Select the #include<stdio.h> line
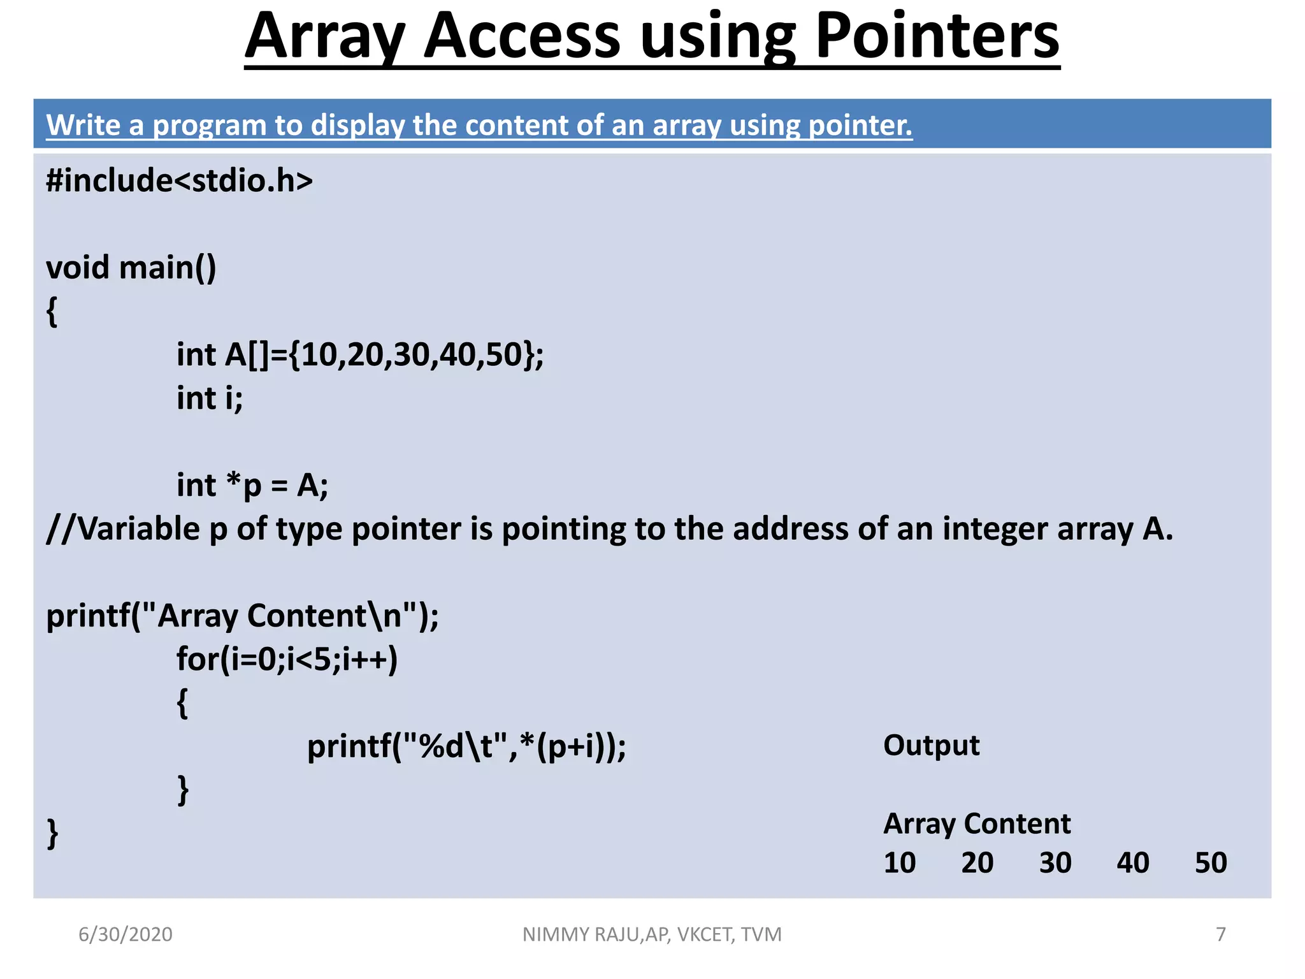180,181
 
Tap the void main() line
131,268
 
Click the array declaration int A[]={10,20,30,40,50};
360,355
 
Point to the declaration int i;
210,399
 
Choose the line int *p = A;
252,486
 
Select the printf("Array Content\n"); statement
243,616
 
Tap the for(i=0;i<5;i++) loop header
287,660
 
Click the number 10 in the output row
899,863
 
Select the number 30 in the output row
1055,863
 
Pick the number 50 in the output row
1211,863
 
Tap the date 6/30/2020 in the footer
126,934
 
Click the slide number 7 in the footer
1221,934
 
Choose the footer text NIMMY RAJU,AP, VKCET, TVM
652,934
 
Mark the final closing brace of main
53,834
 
